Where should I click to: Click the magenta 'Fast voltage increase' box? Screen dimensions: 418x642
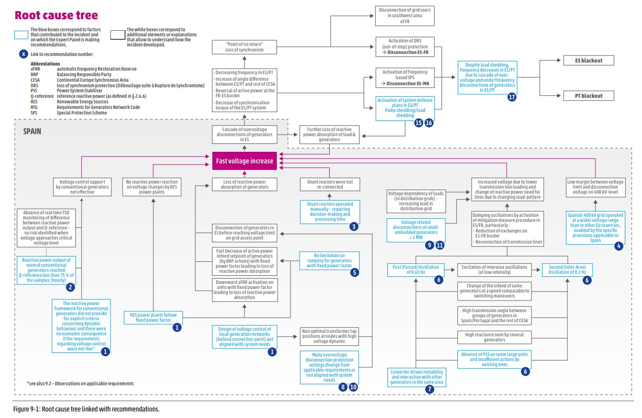245,161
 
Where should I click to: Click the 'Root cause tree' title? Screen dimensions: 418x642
56,15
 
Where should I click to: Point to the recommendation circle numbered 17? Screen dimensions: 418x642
512,98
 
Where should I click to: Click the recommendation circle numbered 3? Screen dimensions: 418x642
355,226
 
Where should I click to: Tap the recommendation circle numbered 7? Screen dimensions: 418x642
429,389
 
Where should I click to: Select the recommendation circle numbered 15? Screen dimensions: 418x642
418,122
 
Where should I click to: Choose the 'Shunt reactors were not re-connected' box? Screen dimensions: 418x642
330,184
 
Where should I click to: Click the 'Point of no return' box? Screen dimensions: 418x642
245,47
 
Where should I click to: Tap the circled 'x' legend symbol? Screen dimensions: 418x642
22,54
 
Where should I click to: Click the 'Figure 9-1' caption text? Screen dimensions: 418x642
86,408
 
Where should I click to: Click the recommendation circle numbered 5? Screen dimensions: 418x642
355,272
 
